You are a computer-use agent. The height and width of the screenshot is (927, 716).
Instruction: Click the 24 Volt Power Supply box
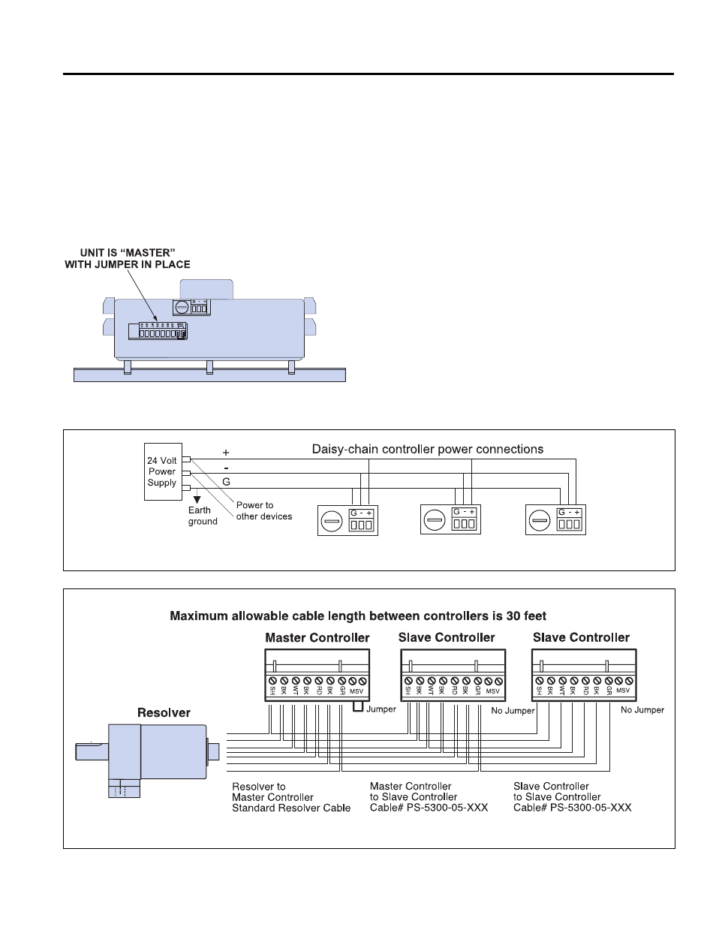click(x=163, y=471)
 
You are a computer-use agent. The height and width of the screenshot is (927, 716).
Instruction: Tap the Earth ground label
click(x=202, y=516)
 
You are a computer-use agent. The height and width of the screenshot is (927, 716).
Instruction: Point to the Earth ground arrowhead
click(x=197, y=498)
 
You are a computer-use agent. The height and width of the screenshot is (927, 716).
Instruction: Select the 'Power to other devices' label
click(x=263, y=510)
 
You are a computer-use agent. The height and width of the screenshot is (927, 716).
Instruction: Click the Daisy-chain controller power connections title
click(x=428, y=449)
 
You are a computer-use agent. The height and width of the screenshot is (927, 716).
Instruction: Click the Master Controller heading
click(x=317, y=638)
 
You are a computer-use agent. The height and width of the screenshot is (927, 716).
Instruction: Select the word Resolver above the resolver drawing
click(x=164, y=712)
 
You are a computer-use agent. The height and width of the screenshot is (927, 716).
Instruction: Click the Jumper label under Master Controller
click(x=381, y=709)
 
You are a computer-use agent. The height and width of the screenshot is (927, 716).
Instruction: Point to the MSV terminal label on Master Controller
click(x=356, y=691)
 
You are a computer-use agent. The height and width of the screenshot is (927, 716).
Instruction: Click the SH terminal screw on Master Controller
click(x=272, y=681)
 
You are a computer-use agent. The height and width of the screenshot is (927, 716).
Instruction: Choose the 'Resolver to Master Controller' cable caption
click(x=291, y=797)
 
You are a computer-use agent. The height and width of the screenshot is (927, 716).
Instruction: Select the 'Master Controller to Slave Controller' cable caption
click(x=429, y=796)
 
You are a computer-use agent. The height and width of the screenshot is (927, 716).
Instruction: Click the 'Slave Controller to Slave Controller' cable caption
click(x=572, y=796)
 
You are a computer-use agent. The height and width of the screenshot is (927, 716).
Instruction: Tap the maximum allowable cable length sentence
click(x=358, y=616)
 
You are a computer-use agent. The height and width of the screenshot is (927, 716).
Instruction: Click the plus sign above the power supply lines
click(x=226, y=453)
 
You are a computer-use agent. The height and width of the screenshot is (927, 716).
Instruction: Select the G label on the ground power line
click(x=226, y=480)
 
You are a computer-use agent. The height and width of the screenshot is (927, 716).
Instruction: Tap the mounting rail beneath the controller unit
click(x=209, y=375)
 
